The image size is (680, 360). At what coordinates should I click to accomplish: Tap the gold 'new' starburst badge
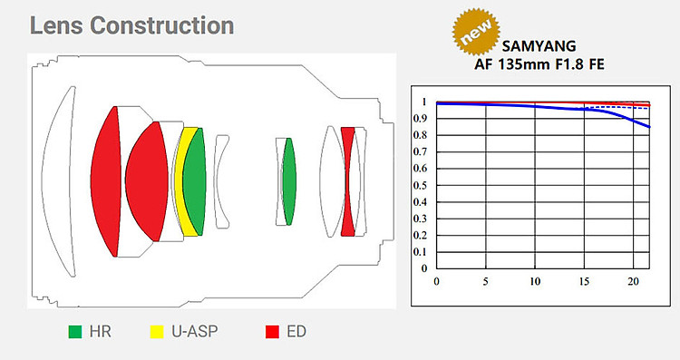pos(476,31)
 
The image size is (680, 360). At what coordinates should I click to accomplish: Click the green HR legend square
pos(75,332)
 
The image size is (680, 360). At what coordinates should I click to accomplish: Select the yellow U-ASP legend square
pos(157,332)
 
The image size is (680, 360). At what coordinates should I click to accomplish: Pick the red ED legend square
pos(272,332)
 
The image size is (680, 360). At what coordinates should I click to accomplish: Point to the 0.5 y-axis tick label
pos(420,185)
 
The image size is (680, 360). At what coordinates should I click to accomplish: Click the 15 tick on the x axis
pos(584,281)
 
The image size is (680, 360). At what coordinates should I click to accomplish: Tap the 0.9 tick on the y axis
pos(420,119)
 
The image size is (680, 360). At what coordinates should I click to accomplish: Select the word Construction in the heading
pos(162,25)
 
